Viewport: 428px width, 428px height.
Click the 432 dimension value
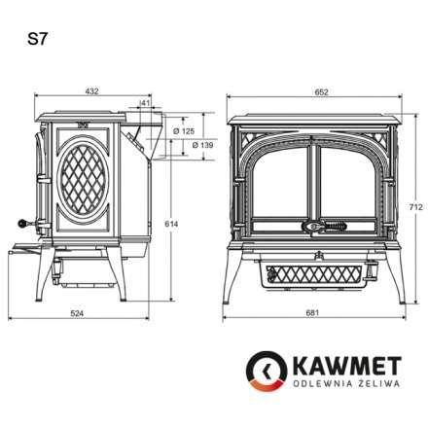[92, 91]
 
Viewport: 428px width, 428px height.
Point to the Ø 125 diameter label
[187, 129]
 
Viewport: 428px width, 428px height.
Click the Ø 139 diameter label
[202, 145]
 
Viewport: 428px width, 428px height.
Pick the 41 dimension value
[144, 101]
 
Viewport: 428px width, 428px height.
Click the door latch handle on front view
[317, 227]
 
